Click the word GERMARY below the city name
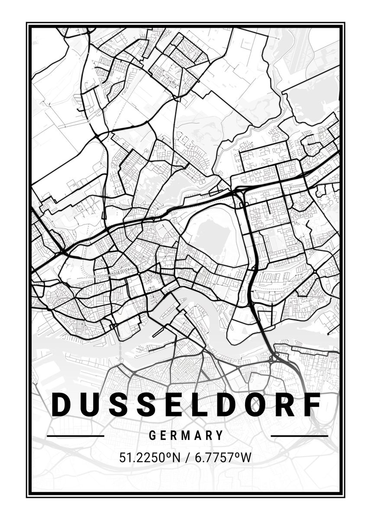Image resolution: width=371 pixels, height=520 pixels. (186, 435)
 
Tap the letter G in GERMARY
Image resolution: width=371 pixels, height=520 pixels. (152, 435)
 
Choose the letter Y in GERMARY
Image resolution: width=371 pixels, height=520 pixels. (220, 435)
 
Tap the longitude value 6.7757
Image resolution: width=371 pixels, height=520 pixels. (212, 458)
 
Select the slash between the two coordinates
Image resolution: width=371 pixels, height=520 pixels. (187, 458)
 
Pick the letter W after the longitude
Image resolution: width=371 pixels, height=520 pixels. (246, 458)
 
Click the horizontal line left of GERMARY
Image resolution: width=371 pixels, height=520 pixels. (75, 435)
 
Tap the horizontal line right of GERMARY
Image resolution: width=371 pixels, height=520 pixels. (299, 435)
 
